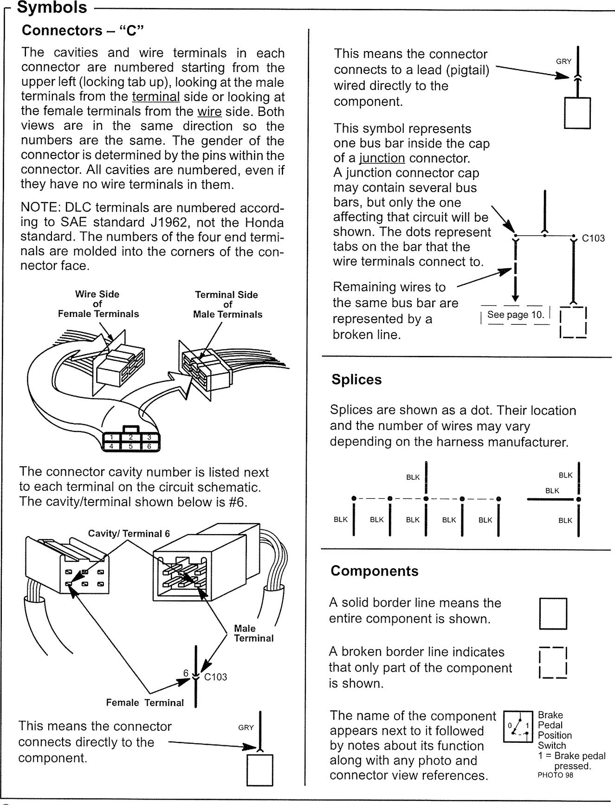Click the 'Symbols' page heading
(52, 8)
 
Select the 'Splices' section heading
(356, 380)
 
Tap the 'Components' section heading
(374, 571)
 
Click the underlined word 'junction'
(382, 158)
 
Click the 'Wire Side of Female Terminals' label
(98, 304)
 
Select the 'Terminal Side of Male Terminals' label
(227, 304)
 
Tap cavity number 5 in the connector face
(131, 446)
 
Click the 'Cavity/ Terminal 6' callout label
(129, 534)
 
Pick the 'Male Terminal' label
(253, 633)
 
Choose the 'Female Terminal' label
(145, 702)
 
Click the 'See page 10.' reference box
(515, 315)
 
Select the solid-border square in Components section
(553, 613)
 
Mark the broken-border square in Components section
(553, 663)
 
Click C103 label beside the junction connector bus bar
(593, 238)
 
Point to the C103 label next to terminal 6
(215, 677)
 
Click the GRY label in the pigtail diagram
(563, 61)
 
